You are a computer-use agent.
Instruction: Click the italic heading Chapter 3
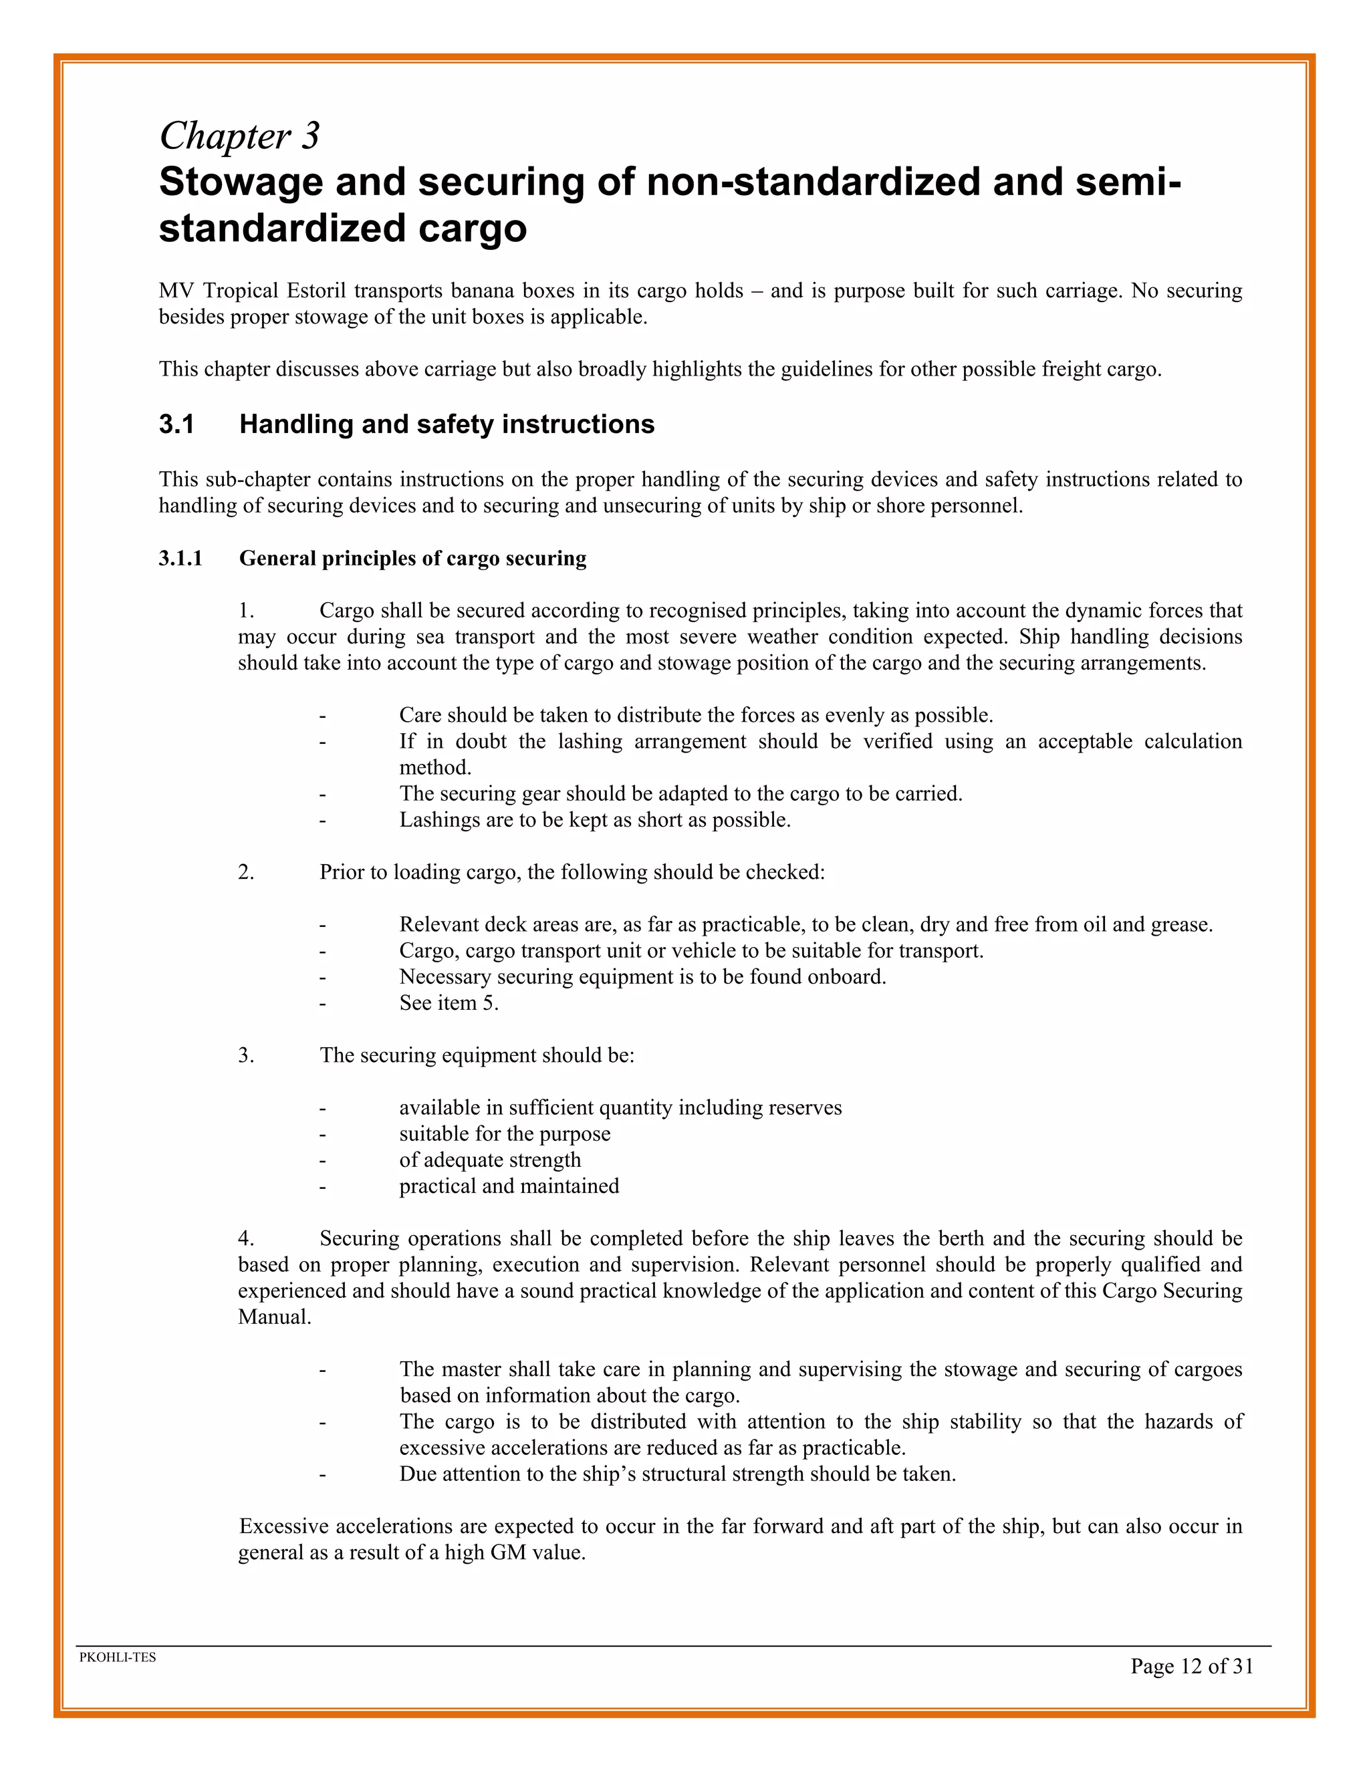pyautogui.click(x=239, y=136)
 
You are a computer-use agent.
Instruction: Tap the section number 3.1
pyautogui.click(x=176, y=424)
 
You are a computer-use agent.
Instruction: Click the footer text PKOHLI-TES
pyautogui.click(x=118, y=1657)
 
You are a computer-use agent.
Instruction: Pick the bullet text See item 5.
pyautogui.click(x=449, y=1003)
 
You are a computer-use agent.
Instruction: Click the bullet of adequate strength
pyautogui.click(x=490, y=1160)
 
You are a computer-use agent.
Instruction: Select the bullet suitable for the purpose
pyautogui.click(x=505, y=1133)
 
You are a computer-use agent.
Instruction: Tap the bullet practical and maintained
pyautogui.click(x=509, y=1186)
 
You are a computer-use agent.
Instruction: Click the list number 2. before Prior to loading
pyautogui.click(x=246, y=873)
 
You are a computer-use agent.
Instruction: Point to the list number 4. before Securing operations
pyautogui.click(x=246, y=1238)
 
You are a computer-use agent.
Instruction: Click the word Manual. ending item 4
pyautogui.click(x=274, y=1317)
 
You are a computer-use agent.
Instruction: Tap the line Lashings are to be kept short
pyautogui.click(x=594, y=820)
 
